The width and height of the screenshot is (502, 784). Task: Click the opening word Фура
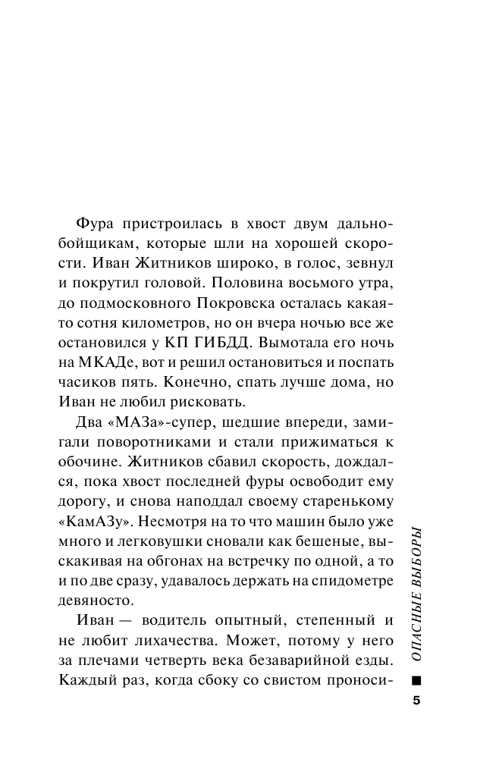pos(96,224)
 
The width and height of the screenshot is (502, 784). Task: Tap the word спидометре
pos(350,580)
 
